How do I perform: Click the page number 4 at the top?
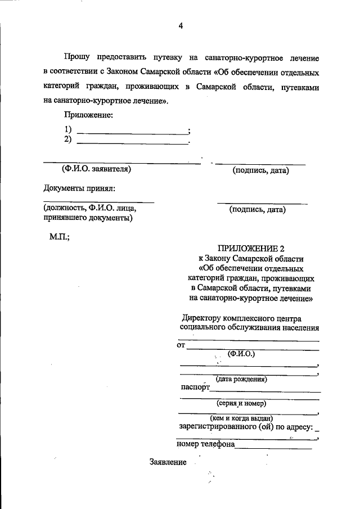pos(180,25)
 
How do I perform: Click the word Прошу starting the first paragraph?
pos(76,58)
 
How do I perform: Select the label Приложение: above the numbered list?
pos(88,116)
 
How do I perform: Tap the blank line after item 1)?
pos(132,133)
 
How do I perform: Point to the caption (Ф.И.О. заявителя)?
pos(96,168)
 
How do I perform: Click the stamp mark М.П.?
pos(60,237)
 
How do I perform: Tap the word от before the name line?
pos(181,345)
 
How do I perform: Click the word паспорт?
pos(195,388)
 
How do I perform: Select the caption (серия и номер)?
pos(241,403)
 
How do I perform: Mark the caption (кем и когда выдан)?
pos(241,418)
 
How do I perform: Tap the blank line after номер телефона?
pos(273,448)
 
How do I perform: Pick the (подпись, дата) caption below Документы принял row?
pos(257,210)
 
